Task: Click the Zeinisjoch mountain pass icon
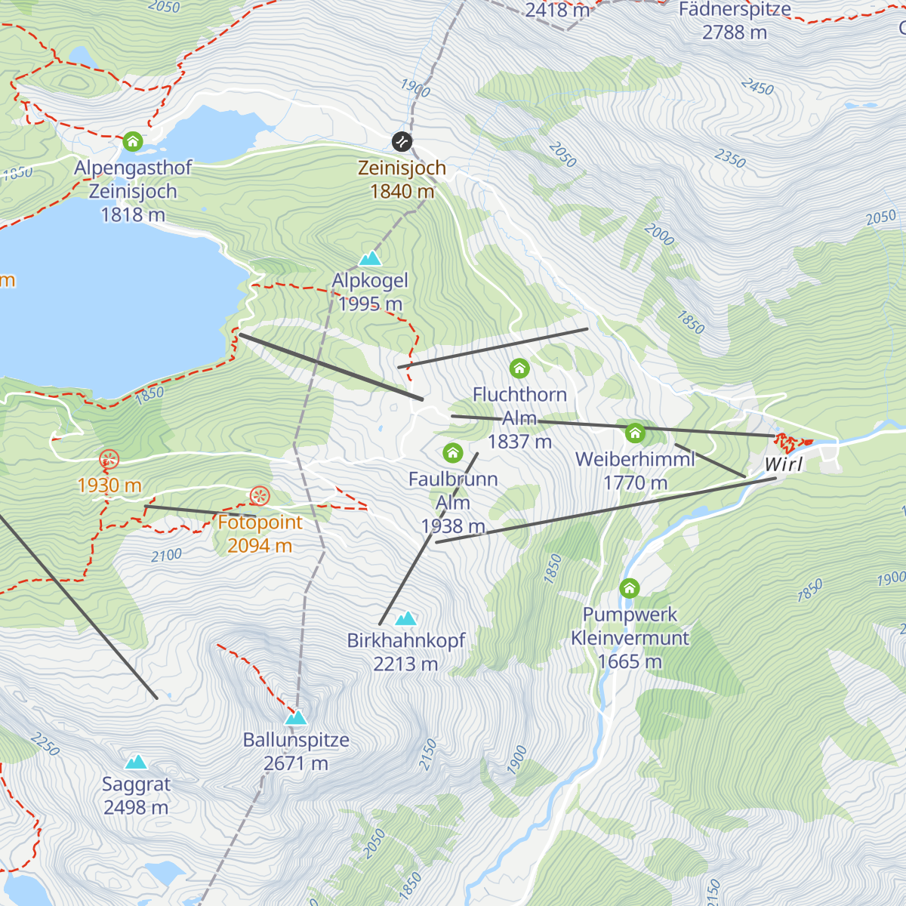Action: [402, 142]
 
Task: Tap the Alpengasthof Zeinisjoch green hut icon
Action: [133, 141]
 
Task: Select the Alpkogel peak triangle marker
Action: [370, 259]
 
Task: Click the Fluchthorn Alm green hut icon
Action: [519, 368]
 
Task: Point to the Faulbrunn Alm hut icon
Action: [452, 453]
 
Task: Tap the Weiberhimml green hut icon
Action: [635, 433]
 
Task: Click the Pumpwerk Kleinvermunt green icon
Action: [629, 588]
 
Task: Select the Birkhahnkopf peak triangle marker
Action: [406, 619]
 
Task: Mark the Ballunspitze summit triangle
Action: [296, 718]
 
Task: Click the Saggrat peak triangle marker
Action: [136, 763]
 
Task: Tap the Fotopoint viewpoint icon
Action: [260, 496]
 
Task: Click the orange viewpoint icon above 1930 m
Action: [109, 459]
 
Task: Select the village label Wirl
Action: [784, 464]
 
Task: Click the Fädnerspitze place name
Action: [735, 10]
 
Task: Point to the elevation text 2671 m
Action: [296, 763]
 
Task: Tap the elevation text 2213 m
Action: [405, 664]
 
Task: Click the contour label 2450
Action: [757, 87]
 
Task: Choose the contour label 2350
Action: [730, 159]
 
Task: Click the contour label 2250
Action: [45, 744]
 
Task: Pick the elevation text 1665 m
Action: [630, 661]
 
